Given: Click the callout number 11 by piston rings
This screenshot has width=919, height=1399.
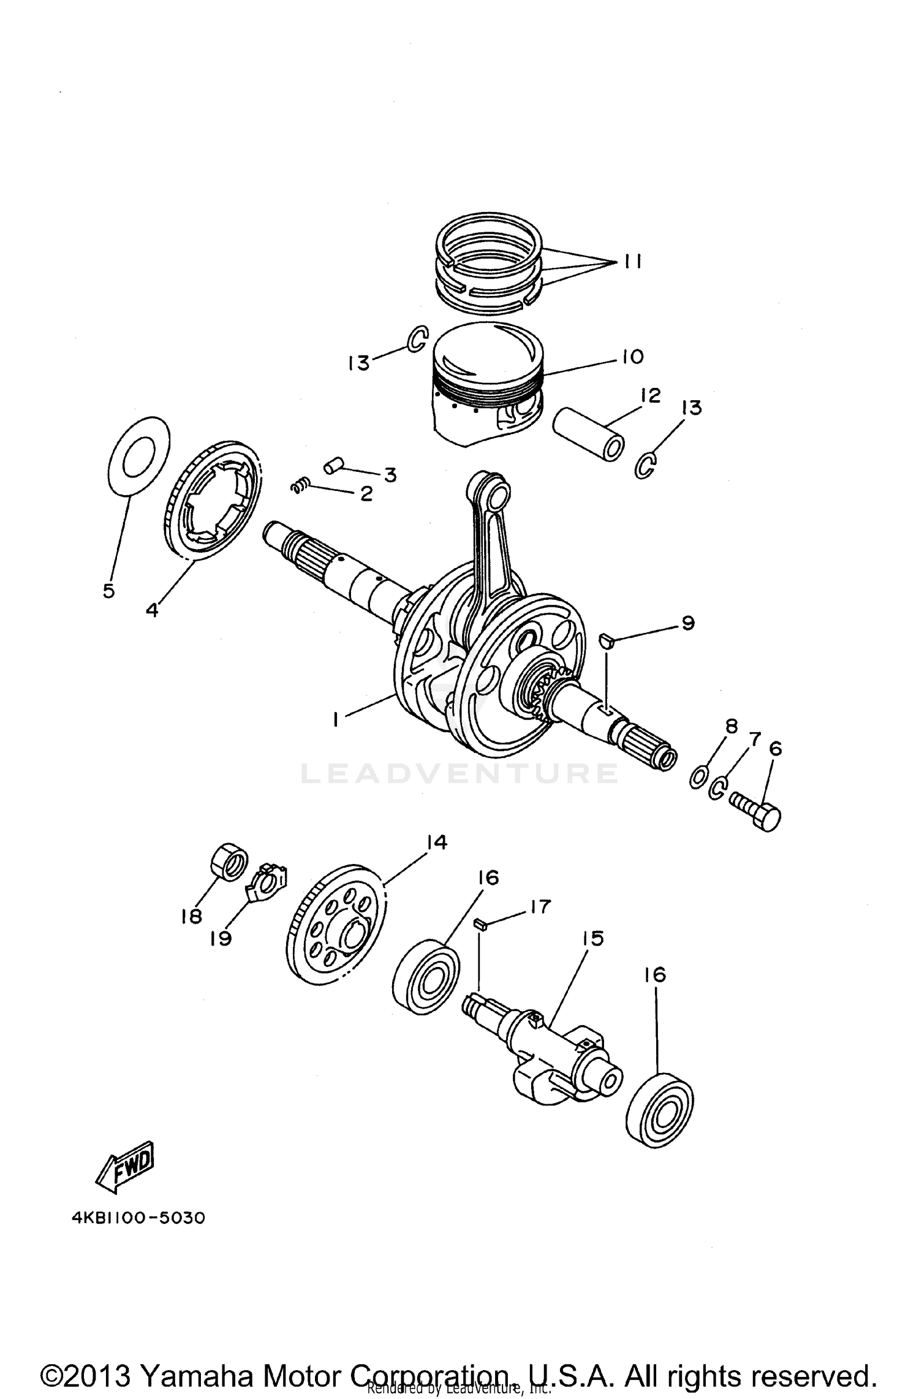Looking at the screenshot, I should (633, 262).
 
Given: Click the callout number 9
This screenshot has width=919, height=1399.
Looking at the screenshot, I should (687, 623).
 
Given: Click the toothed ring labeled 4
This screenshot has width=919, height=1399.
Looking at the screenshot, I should (213, 498).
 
